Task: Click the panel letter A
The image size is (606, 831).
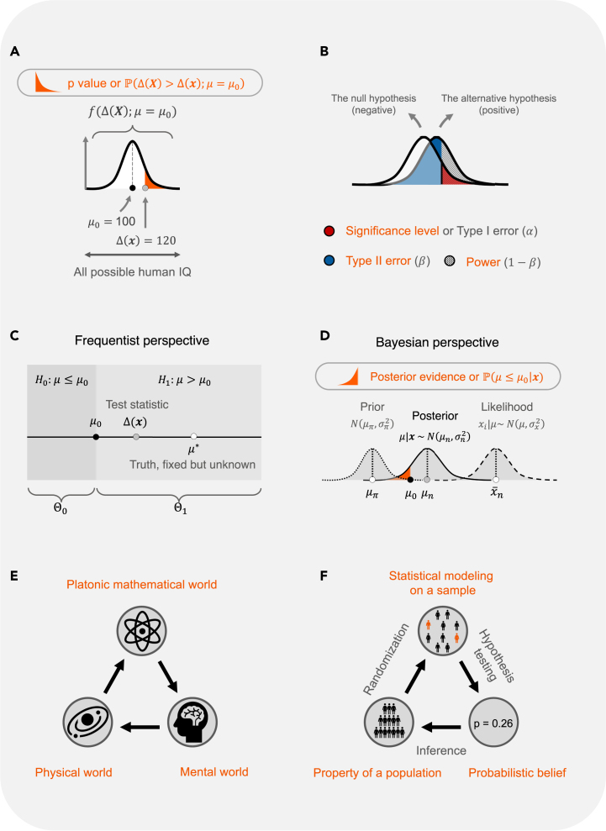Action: [x=15, y=52]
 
